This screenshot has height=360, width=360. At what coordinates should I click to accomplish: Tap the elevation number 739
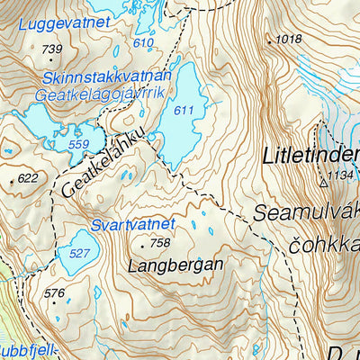pos(52,49)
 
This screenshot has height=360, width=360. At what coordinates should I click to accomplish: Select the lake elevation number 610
pos(142,43)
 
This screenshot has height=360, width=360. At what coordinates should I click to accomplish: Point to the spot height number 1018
pos(289,39)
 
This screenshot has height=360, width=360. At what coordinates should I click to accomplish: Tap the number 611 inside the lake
pos(184,110)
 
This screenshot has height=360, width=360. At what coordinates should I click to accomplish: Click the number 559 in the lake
pos(78,143)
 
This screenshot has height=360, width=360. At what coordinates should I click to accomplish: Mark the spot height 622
pos(28,178)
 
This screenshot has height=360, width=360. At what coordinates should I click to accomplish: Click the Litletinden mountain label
pos(310,156)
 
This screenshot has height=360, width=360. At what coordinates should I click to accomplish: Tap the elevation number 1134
pos(342,175)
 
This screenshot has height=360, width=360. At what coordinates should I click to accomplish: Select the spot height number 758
pos(159,243)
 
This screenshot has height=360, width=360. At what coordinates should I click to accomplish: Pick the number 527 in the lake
pos(79,254)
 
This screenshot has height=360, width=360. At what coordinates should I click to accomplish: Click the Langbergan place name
pos(175,266)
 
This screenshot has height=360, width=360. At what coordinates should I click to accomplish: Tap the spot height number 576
pos(54,293)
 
